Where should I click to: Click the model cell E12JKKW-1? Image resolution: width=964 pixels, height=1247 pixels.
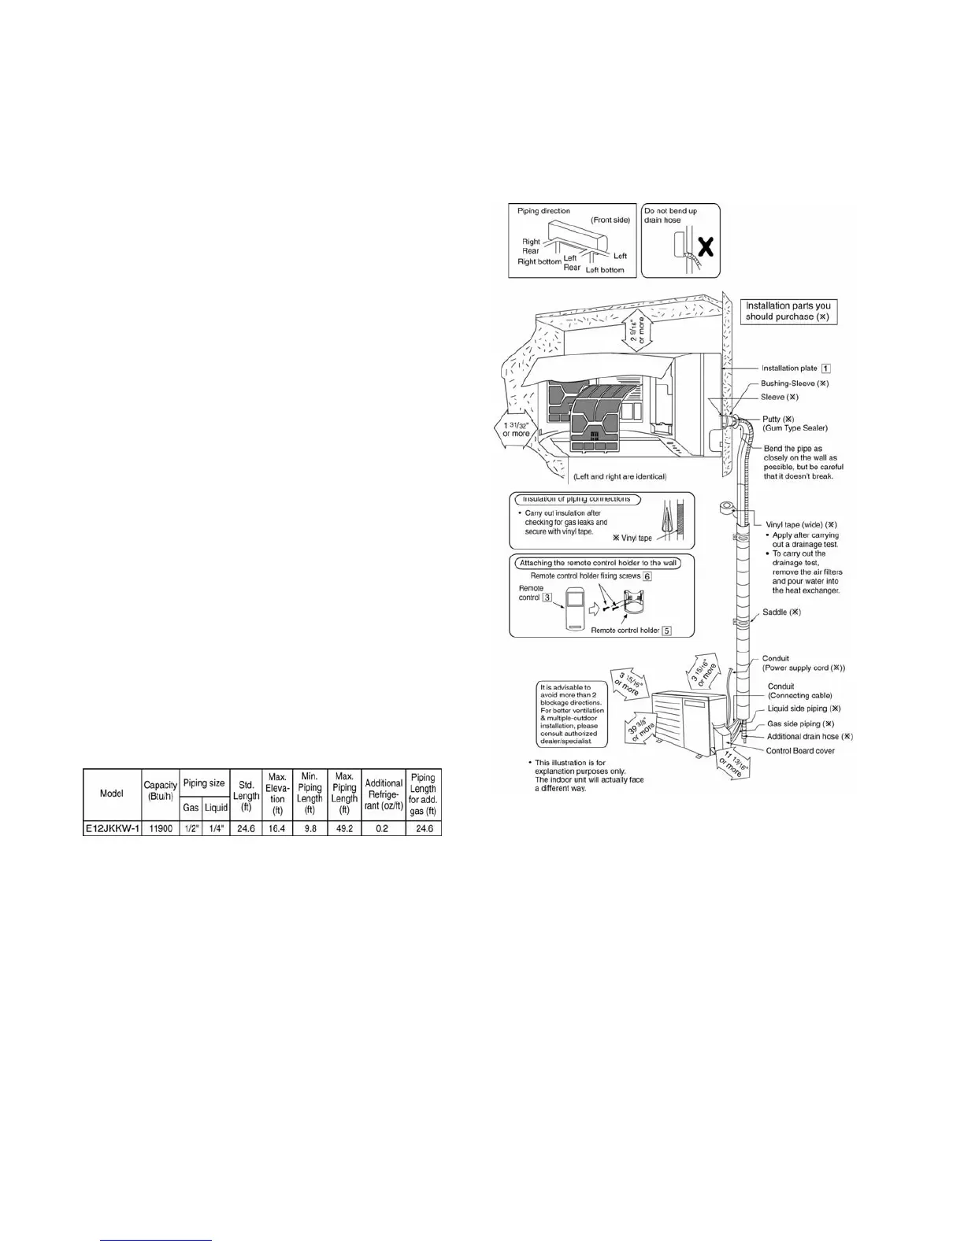[x=112, y=829]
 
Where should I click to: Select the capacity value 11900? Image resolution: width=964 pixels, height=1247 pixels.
[x=161, y=829]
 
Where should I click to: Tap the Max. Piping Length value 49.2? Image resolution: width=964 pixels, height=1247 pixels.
[x=344, y=829]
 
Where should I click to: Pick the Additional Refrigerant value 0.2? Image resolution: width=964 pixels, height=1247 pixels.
[x=383, y=829]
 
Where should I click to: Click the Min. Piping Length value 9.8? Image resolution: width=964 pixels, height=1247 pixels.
[x=310, y=829]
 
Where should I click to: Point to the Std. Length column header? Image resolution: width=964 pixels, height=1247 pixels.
[x=246, y=796]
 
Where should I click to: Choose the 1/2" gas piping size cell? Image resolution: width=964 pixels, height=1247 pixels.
[x=191, y=829]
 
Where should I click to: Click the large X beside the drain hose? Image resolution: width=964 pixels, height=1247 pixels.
[x=706, y=248]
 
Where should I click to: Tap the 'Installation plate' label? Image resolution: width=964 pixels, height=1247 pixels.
[x=789, y=368]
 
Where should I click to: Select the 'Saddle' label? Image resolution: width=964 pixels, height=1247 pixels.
[x=781, y=612]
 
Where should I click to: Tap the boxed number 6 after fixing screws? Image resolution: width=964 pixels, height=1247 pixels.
[x=647, y=576]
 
